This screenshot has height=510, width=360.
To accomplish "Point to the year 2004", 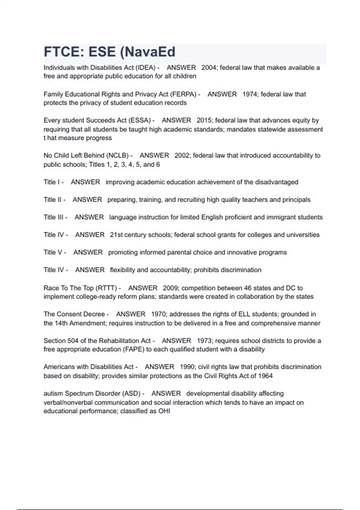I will (209, 67).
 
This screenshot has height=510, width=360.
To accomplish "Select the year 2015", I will (204, 120).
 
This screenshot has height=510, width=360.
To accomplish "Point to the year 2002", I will (182, 155).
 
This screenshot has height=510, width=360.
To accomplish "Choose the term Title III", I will (53, 217).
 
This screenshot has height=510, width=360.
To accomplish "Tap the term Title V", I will (53, 252).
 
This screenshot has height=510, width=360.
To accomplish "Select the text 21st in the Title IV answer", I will (116, 235).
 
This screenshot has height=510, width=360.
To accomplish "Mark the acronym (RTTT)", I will (106, 288).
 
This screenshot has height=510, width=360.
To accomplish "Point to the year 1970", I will (158, 314).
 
